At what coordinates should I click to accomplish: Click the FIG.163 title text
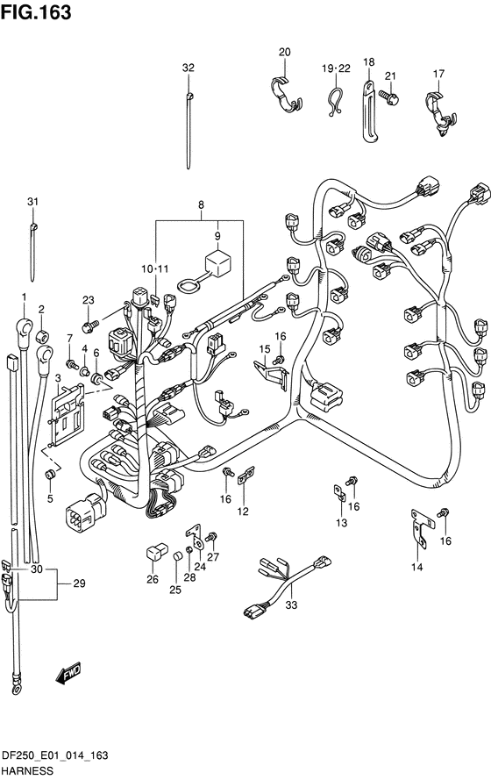point(36,12)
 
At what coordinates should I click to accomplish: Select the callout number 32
point(189,68)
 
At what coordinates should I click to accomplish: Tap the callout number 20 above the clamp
point(285,52)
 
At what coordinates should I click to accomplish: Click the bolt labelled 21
point(389,97)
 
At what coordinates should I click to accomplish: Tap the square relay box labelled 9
point(217,262)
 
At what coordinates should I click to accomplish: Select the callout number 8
point(201,204)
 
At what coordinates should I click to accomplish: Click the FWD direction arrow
point(68,672)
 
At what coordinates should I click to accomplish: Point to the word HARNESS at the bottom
point(27,770)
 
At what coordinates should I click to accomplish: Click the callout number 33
point(291,605)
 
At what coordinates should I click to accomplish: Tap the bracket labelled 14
point(422,528)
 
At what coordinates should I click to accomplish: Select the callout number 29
point(80,583)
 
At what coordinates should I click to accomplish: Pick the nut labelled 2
point(42,333)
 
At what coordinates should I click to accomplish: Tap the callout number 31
point(32,202)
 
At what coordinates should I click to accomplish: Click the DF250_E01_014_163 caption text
point(54,755)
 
